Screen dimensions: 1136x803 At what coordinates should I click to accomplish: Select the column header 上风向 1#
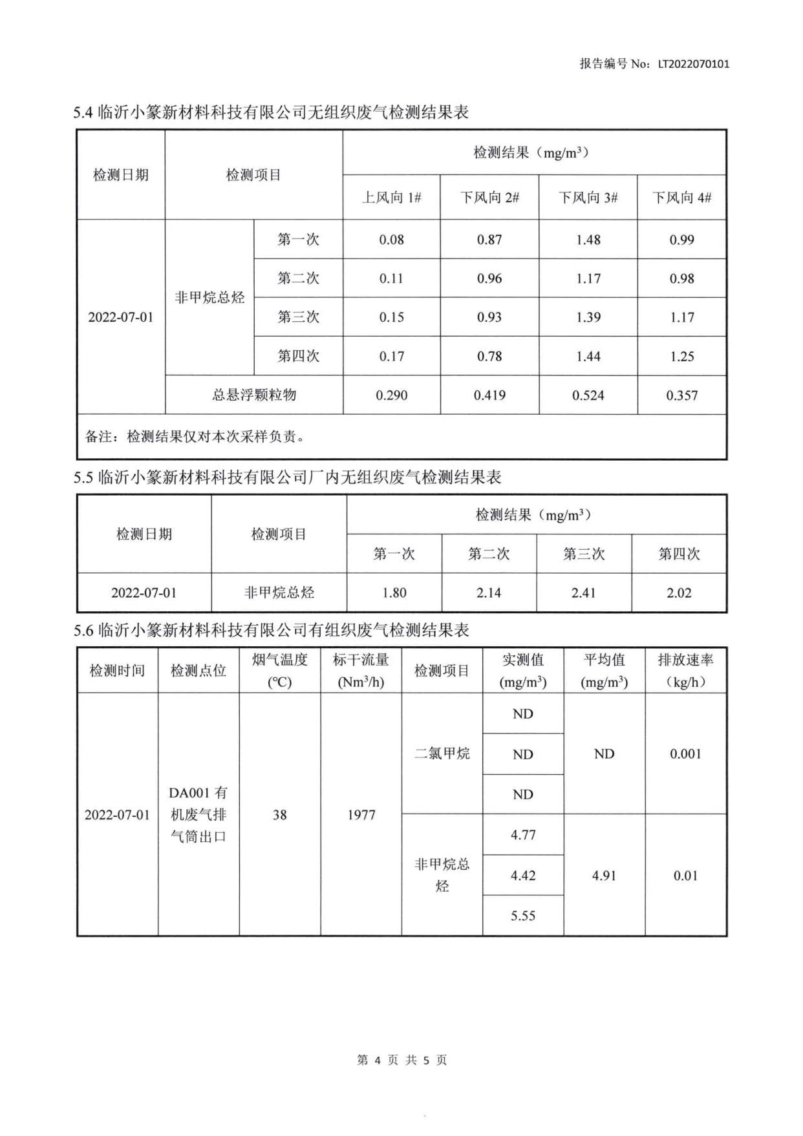[391, 198]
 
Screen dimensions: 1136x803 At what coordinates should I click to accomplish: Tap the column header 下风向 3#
[588, 198]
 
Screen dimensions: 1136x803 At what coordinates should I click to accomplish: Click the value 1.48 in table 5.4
[588, 240]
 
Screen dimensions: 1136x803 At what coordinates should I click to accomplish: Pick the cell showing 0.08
[391, 240]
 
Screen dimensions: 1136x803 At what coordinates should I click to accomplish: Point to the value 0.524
[588, 395]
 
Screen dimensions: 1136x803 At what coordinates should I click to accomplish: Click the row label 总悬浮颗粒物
[254, 395]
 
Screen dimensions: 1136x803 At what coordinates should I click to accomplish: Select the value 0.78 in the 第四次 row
[489, 356]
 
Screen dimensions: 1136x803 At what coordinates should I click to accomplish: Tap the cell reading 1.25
[681, 356]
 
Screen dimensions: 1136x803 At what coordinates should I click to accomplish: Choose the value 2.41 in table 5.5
[583, 593]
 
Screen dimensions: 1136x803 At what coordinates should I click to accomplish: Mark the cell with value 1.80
[394, 593]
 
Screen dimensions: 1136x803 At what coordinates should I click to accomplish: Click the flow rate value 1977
[361, 815]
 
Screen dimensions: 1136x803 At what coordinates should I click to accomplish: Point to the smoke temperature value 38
[279, 815]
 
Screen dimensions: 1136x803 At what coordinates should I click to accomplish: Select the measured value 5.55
[522, 916]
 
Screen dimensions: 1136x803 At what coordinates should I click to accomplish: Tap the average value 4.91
[604, 876]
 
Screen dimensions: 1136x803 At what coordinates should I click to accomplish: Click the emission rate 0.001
[685, 753]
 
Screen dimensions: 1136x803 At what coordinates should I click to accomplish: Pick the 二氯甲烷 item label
[442, 753]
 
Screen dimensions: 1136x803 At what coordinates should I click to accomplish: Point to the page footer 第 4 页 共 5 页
[401, 1060]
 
